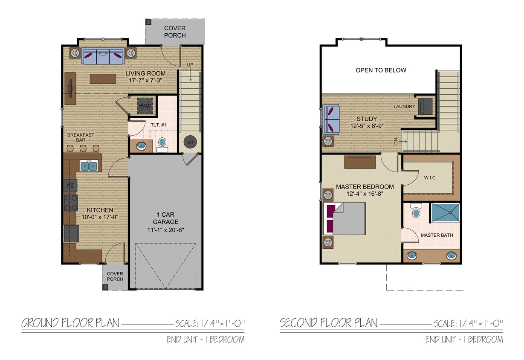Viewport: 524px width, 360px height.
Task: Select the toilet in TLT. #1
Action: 162,143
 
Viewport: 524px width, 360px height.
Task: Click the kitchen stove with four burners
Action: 70,203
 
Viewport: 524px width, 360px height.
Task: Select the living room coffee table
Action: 103,79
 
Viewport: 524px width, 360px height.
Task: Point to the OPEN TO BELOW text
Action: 381,70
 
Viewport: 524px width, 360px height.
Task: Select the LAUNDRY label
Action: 404,106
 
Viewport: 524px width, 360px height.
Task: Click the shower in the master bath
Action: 445,212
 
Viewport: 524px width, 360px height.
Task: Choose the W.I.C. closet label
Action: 430,177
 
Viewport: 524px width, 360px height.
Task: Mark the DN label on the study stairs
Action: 396,141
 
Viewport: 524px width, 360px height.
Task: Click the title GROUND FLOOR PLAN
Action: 70,323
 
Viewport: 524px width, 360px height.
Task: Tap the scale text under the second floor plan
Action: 468,323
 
